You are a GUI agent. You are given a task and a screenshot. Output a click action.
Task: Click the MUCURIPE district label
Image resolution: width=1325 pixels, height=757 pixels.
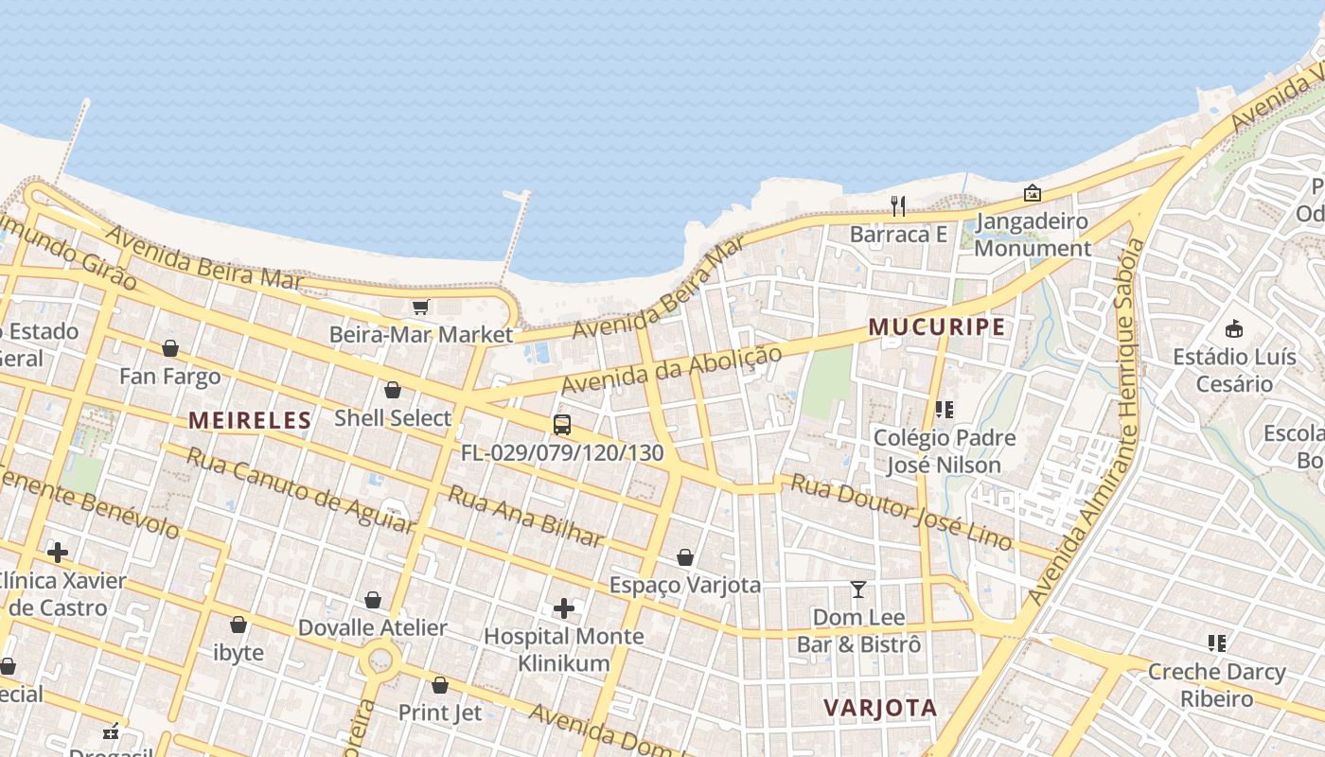tap(936, 327)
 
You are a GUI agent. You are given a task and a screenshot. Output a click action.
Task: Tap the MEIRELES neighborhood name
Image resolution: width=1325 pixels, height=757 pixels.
tap(250, 420)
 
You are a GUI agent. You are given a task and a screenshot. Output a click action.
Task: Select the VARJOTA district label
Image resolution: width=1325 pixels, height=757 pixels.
tap(880, 708)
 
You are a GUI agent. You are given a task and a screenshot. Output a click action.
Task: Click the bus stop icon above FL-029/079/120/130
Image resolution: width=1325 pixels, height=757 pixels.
tap(562, 424)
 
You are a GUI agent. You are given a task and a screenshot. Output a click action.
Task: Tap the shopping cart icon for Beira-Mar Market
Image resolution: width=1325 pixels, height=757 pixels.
tap(421, 307)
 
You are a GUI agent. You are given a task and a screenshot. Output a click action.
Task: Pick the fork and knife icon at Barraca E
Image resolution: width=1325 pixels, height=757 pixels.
tap(898, 205)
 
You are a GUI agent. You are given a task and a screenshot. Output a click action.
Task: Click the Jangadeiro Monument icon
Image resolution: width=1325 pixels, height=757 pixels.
tap(1033, 193)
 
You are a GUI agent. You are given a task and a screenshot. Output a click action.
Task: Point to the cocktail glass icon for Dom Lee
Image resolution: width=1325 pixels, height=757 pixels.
tap(858, 590)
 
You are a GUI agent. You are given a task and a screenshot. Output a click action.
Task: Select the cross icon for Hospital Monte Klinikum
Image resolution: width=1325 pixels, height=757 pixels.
tap(564, 607)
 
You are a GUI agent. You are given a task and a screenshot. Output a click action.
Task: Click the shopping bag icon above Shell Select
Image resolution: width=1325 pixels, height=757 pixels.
tap(393, 390)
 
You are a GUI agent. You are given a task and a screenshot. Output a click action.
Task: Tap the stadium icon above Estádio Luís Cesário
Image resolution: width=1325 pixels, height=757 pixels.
tap(1234, 329)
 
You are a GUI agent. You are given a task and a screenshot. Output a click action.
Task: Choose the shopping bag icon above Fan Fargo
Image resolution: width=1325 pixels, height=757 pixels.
tap(170, 348)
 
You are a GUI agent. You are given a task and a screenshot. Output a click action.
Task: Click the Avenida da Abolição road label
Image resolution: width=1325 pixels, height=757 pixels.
tap(672, 370)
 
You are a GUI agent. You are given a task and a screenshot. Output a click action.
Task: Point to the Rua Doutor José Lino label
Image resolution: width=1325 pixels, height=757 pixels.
tap(902, 512)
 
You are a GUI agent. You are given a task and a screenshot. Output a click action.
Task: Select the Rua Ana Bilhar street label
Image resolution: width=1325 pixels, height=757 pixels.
tap(525, 517)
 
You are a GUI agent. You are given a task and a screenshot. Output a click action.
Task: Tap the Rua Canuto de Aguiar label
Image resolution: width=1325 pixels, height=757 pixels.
tap(300, 489)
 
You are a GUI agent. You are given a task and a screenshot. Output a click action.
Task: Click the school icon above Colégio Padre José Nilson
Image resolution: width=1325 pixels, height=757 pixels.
tap(944, 410)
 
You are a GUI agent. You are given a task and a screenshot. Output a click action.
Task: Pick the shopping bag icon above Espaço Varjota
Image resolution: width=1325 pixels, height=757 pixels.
tap(685, 557)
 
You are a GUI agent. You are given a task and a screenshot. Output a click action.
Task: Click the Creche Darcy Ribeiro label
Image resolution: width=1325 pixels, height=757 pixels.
tap(1216, 685)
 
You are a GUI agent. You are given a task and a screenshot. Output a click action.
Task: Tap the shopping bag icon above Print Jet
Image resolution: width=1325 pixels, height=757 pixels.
tap(440, 685)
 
